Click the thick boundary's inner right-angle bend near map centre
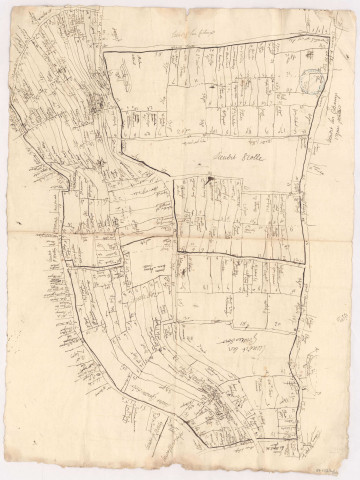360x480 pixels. (177, 247)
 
